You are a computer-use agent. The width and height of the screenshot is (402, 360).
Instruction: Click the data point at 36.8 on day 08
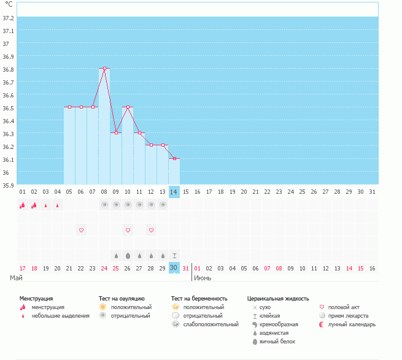click(x=104, y=69)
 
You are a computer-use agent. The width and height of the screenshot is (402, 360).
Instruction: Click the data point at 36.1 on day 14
click(x=174, y=158)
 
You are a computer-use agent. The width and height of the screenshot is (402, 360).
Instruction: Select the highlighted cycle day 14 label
click(x=174, y=192)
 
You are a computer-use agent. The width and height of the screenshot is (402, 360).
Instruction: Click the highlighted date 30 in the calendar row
click(x=174, y=268)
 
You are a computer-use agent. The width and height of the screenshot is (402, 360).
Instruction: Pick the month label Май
click(x=17, y=278)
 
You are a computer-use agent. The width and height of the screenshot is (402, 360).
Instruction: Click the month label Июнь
click(x=203, y=278)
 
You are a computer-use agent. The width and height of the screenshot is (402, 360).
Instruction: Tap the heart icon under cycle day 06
click(x=81, y=230)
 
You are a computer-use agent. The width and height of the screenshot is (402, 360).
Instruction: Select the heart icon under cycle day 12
click(x=151, y=230)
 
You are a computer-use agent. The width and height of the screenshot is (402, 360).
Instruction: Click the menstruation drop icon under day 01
click(x=23, y=205)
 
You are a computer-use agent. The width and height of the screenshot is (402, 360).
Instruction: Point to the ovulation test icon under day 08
click(x=104, y=205)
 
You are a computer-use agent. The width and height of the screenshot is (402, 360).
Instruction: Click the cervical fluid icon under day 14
click(x=174, y=255)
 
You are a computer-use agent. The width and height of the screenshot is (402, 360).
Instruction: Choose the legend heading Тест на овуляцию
click(x=122, y=298)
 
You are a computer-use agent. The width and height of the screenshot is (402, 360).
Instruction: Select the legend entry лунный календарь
click(x=352, y=324)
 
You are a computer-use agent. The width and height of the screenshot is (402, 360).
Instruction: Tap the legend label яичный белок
click(x=278, y=341)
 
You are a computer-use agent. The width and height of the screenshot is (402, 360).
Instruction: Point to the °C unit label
click(x=9, y=4)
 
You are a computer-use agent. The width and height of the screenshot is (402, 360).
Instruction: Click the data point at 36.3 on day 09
click(x=116, y=132)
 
